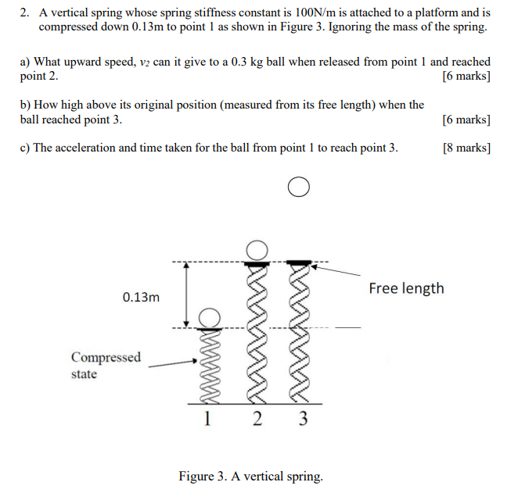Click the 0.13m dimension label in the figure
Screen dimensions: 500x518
tap(141, 297)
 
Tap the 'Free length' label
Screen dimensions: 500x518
tap(406, 288)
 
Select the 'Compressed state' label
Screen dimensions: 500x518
tap(106, 365)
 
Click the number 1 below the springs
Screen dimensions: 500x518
tap(207, 419)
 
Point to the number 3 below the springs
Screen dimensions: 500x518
tap(304, 419)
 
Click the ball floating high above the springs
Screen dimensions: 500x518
tap(297, 187)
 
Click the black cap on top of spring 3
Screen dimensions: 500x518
tap(297, 262)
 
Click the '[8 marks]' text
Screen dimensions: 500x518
tap(466, 148)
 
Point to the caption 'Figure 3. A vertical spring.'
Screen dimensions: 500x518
tap(250, 476)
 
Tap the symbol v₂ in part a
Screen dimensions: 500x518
tap(144, 62)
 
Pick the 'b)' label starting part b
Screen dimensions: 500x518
tap(25, 105)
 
